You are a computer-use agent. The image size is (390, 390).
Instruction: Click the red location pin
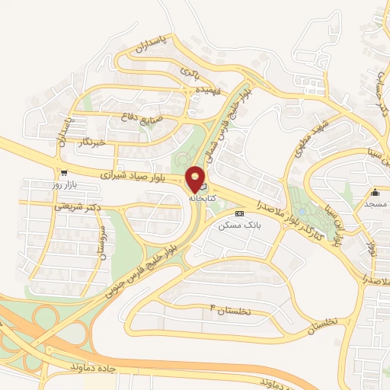[x=196, y=177]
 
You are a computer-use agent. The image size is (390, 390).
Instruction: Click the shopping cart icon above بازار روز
[x=66, y=173]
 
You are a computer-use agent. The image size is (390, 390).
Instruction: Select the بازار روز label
[x=66, y=185]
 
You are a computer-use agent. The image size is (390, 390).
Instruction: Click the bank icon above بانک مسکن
[x=239, y=213]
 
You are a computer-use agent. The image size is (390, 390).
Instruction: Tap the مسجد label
[x=376, y=204]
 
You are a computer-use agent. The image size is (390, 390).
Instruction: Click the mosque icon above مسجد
[x=376, y=192]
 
